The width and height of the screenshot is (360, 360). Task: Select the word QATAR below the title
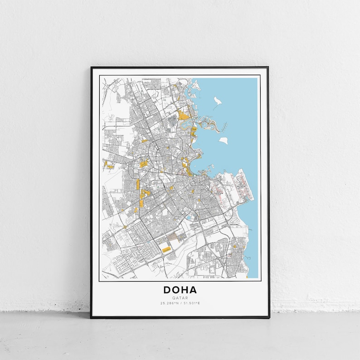click(180, 298)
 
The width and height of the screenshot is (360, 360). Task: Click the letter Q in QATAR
click(173, 298)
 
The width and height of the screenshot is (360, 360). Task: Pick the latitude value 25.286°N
click(169, 303)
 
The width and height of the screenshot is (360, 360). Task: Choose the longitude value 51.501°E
click(191, 303)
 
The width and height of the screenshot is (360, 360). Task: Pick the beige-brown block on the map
click(173, 236)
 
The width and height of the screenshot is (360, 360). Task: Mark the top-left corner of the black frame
click(91, 68)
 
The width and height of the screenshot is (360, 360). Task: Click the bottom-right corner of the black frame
click(268, 317)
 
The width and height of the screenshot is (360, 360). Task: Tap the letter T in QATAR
click(180, 298)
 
